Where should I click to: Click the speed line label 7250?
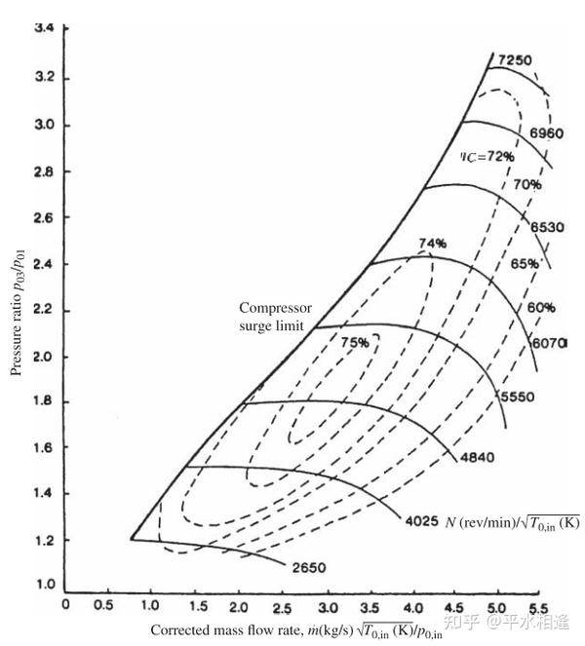coord(515,60)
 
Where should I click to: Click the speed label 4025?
coord(422,522)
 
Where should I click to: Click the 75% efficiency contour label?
coord(355,342)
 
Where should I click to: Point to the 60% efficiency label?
coord(542,308)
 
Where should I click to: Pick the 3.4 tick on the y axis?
coord(44,28)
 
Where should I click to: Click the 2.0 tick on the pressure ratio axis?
coord(44,356)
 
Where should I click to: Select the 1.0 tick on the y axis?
coord(44,586)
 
